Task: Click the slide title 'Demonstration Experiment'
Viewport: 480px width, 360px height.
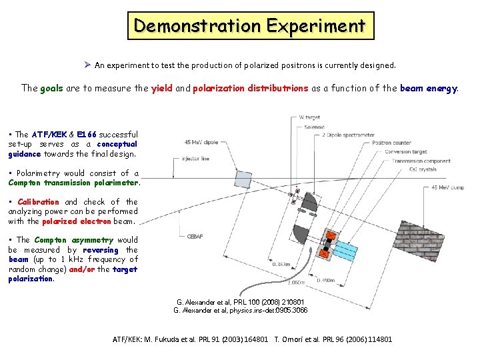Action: (249, 26)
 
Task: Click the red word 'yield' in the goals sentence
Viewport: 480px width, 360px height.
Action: (162, 88)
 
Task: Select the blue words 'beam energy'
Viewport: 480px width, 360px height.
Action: (429, 88)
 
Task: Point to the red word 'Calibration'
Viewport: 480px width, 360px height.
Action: (38, 202)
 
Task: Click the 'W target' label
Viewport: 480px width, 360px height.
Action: (310, 118)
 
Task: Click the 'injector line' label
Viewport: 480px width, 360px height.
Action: (195, 159)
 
